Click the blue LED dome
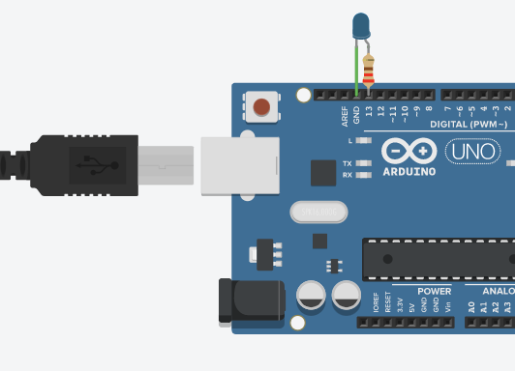tap(361, 26)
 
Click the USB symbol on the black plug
tap(90, 162)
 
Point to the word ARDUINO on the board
tap(409, 172)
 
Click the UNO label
tap(473, 152)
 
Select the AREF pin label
tap(345, 117)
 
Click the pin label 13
tap(369, 113)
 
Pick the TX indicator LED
tap(364, 163)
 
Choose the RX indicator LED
tap(364, 175)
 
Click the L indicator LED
tap(364, 140)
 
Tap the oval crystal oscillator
tap(317, 211)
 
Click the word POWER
tap(435, 291)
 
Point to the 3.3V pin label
tap(400, 302)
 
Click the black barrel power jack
tap(250, 300)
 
